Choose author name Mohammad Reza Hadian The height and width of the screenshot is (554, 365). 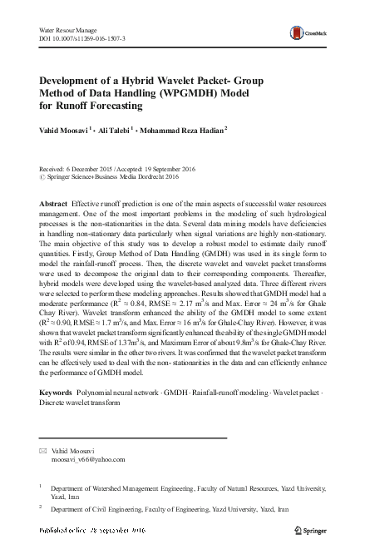pos(181,131)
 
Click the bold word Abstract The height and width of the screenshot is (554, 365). pos(54,205)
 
